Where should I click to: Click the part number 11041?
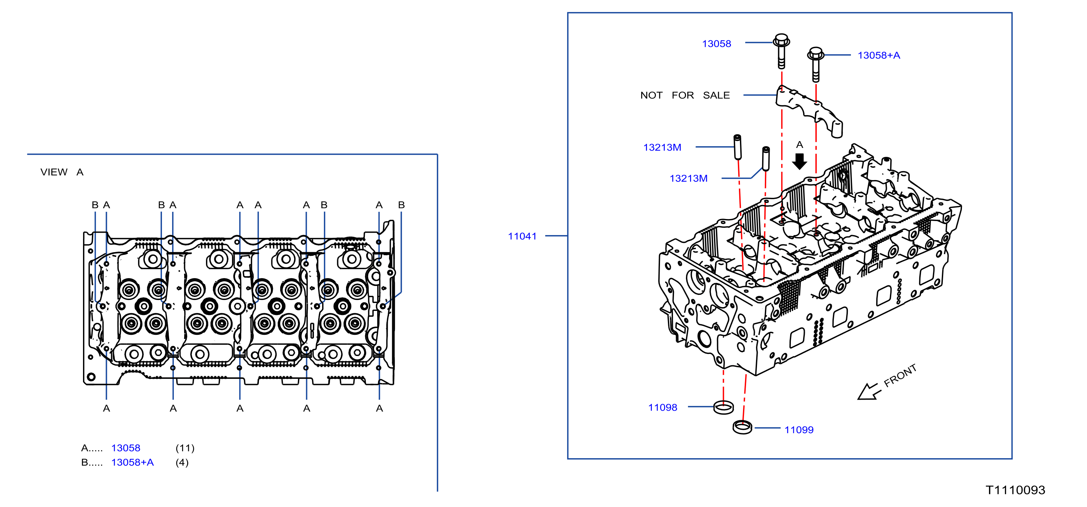point(522,236)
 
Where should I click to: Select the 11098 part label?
point(662,407)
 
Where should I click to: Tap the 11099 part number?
point(799,430)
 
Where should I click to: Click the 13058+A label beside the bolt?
point(879,55)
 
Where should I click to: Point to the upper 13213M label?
point(662,147)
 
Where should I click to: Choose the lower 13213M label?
point(688,178)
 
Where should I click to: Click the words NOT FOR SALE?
point(685,95)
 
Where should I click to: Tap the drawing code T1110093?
point(1015,490)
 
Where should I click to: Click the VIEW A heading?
point(62,172)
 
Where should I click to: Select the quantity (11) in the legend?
point(185,448)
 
